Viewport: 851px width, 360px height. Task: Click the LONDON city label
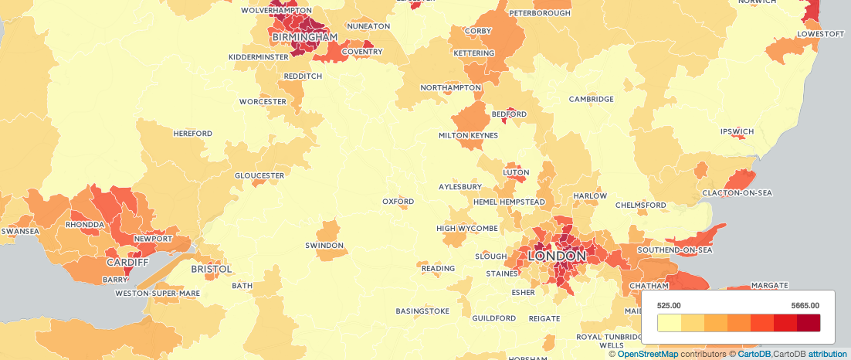[557, 256]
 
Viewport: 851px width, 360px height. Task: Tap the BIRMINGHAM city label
[305, 36]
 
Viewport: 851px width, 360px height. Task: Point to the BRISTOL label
[212, 269]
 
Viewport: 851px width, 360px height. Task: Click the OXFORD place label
[398, 202]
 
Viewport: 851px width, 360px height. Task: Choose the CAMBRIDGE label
[592, 99]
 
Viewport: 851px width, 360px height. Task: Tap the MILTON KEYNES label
[468, 135]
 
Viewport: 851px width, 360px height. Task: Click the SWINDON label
[324, 245]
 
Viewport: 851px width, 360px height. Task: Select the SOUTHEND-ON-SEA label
[674, 250]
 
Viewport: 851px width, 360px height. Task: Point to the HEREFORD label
[193, 134]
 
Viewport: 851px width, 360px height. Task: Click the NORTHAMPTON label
[451, 88]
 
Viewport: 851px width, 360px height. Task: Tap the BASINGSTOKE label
[422, 311]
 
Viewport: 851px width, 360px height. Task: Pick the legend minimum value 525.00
[669, 305]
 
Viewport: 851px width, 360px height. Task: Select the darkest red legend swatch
[809, 323]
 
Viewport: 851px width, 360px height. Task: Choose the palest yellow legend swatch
[669, 323]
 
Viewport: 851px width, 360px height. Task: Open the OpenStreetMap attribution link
[647, 354]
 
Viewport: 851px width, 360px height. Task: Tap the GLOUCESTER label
[259, 175]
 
